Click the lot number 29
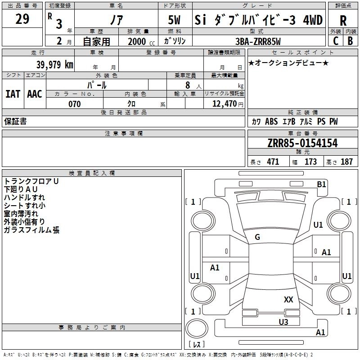point(22,19)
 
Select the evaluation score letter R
point(343,21)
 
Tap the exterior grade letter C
point(335,40)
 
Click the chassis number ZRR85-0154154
point(302,144)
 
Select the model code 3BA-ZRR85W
point(258,41)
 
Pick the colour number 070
point(74,104)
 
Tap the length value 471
point(272,162)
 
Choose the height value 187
point(346,162)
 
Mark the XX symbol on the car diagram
point(288,299)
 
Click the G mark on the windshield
point(257,237)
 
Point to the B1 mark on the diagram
point(321,184)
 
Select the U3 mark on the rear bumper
point(283,321)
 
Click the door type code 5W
point(175,21)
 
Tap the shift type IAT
point(13,94)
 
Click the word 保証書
point(15,121)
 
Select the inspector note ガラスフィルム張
point(31,230)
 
